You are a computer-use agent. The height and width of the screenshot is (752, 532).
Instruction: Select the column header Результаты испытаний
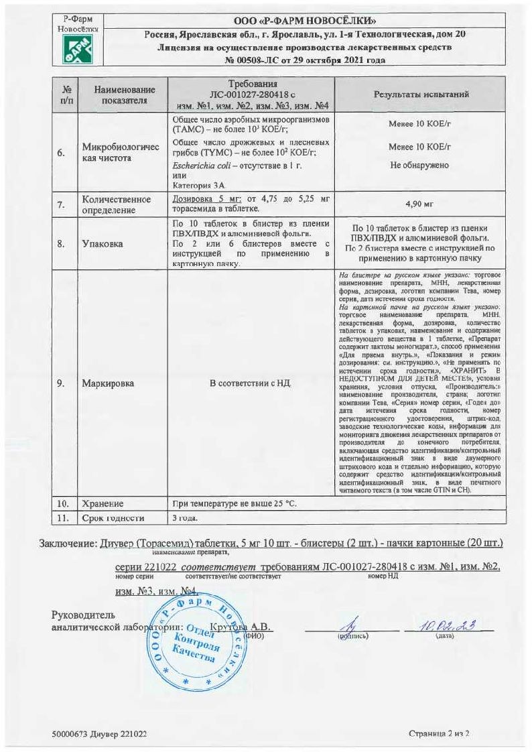(x=421, y=95)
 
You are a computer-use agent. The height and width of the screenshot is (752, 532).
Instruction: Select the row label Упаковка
(x=103, y=244)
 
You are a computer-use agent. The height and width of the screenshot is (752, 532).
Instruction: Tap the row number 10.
(x=60, y=503)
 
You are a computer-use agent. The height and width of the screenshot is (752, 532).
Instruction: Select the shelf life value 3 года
(x=186, y=518)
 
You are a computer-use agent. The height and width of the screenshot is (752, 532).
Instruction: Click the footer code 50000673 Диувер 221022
(x=99, y=734)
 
